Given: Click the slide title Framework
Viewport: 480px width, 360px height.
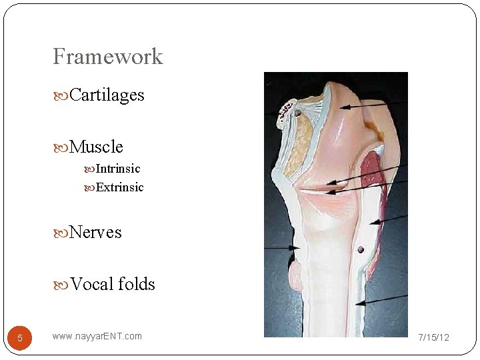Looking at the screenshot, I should [x=107, y=57].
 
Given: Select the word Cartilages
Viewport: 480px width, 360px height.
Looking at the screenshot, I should [x=107, y=95].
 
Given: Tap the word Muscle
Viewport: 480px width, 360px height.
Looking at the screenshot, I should [x=96, y=146].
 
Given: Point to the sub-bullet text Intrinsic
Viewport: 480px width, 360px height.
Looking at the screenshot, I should [x=118, y=169].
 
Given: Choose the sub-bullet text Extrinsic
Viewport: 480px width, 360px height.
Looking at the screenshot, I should [x=120, y=187].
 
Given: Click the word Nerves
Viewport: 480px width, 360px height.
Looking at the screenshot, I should [x=95, y=232].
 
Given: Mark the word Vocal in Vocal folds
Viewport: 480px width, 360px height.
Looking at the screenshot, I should [x=91, y=284].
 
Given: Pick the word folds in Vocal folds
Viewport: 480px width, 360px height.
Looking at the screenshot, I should [x=137, y=284].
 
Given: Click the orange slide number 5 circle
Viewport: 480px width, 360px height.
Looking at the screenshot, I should [x=20, y=338].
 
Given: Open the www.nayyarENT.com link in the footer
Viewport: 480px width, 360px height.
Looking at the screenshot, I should [x=97, y=336].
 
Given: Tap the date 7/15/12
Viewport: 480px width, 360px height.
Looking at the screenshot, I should [x=433, y=337].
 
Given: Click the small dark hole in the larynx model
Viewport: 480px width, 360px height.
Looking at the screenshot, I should [x=361, y=250].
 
